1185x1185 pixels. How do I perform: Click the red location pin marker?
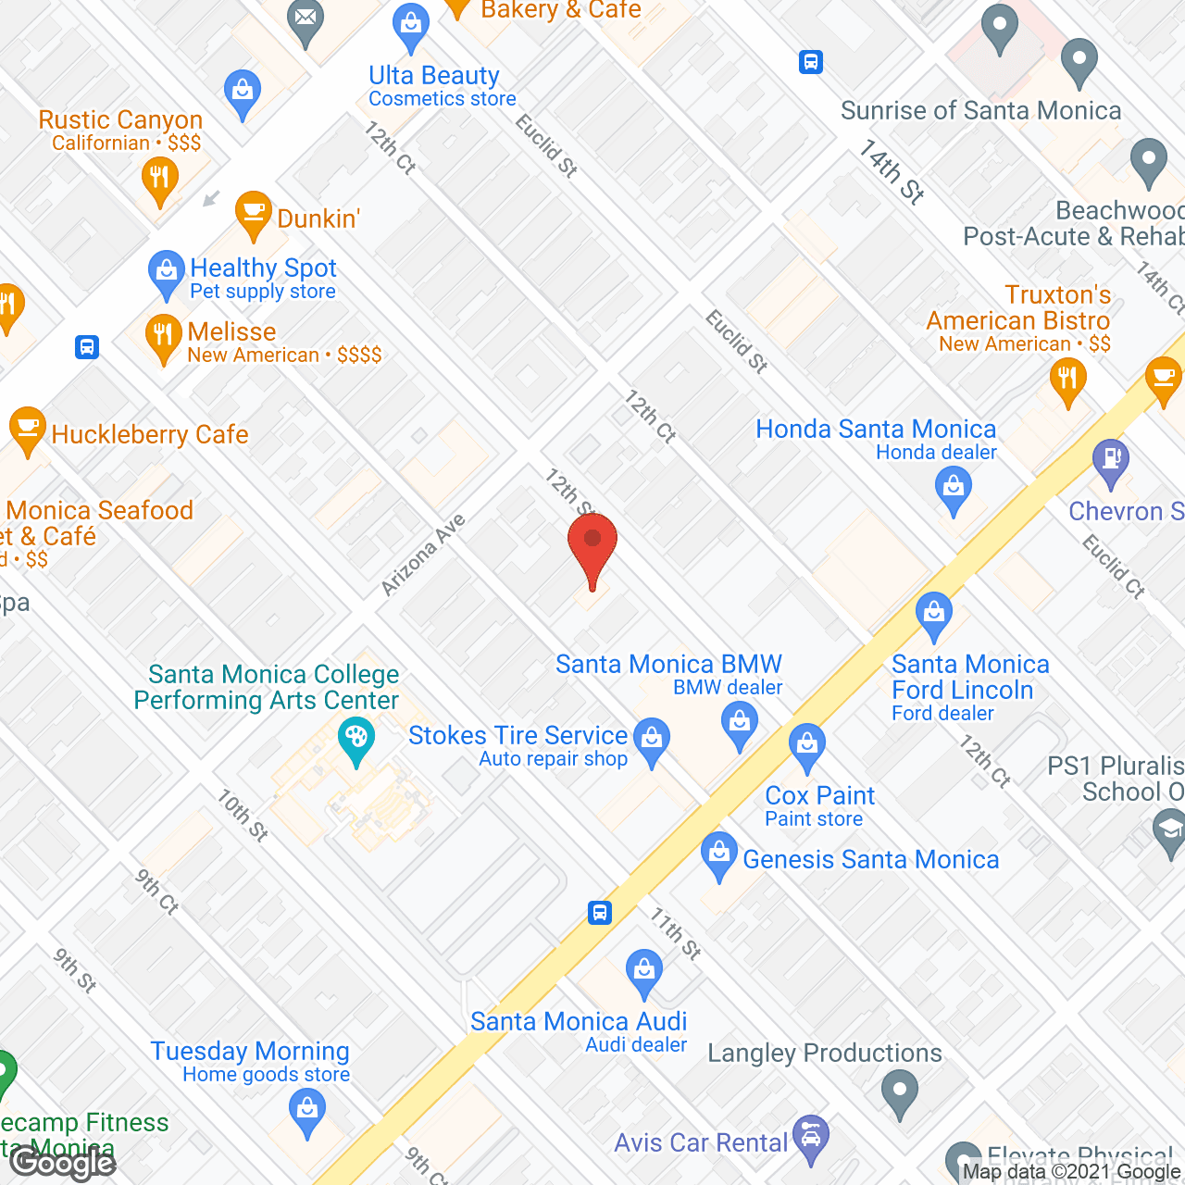point(592,546)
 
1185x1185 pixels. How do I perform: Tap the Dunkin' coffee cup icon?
point(252,213)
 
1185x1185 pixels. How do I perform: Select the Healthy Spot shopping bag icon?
point(167,272)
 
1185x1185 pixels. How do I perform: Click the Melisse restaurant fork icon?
point(163,337)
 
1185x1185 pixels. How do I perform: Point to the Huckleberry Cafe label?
point(150,434)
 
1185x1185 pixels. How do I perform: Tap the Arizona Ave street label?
point(423,555)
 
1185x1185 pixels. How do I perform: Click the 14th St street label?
point(892,171)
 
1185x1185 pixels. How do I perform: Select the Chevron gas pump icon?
point(1111,460)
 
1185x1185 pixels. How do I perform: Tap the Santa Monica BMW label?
point(668,665)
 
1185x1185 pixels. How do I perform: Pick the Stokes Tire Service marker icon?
point(653,741)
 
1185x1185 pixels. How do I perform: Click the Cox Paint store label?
point(819,796)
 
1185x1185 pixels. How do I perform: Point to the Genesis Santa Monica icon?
point(719,854)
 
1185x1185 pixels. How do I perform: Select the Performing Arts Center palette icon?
point(355,741)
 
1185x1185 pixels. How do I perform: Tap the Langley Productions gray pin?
point(899,1091)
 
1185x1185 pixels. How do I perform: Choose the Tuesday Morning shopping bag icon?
point(306,1108)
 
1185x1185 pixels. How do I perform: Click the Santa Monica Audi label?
point(579,1021)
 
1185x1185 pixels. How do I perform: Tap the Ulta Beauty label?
point(434,76)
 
